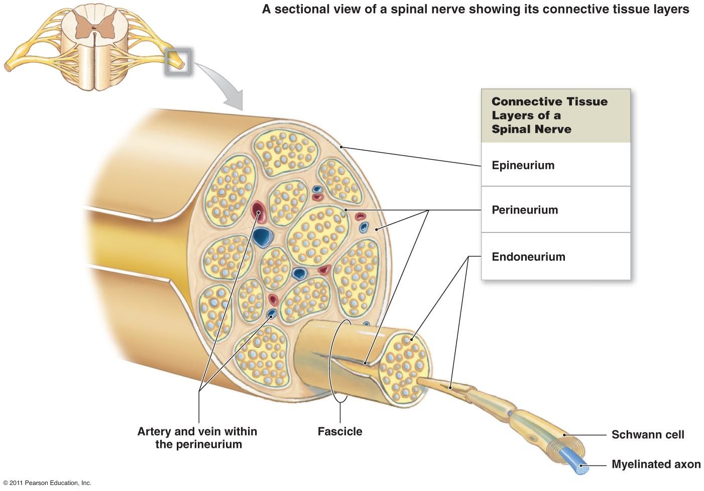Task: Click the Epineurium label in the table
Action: (x=523, y=166)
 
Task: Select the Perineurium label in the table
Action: (x=524, y=210)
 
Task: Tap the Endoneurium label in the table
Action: (x=528, y=257)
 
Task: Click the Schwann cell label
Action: (x=647, y=435)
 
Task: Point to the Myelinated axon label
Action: (x=656, y=464)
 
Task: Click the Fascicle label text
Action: (x=340, y=431)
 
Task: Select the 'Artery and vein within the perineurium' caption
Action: (x=197, y=438)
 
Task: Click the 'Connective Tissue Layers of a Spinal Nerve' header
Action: (x=549, y=115)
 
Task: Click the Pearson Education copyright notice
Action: (x=47, y=483)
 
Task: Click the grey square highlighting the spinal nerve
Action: (x=178, y=62)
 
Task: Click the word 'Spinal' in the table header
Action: (x=512, y=129)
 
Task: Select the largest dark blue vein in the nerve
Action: (x=262, y=236)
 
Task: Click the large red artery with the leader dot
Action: (x=258, y=212)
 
